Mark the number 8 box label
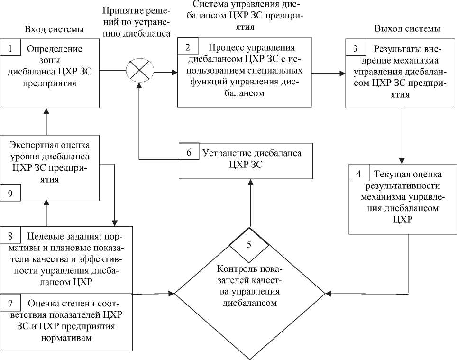(x=12, y=235)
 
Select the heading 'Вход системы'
(x=54, y=29)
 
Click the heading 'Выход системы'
(x=407, y=29)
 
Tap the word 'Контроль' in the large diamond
(x=234, y=268)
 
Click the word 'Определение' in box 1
(x=55, y=49)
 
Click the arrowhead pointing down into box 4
(x=402, y=161)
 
